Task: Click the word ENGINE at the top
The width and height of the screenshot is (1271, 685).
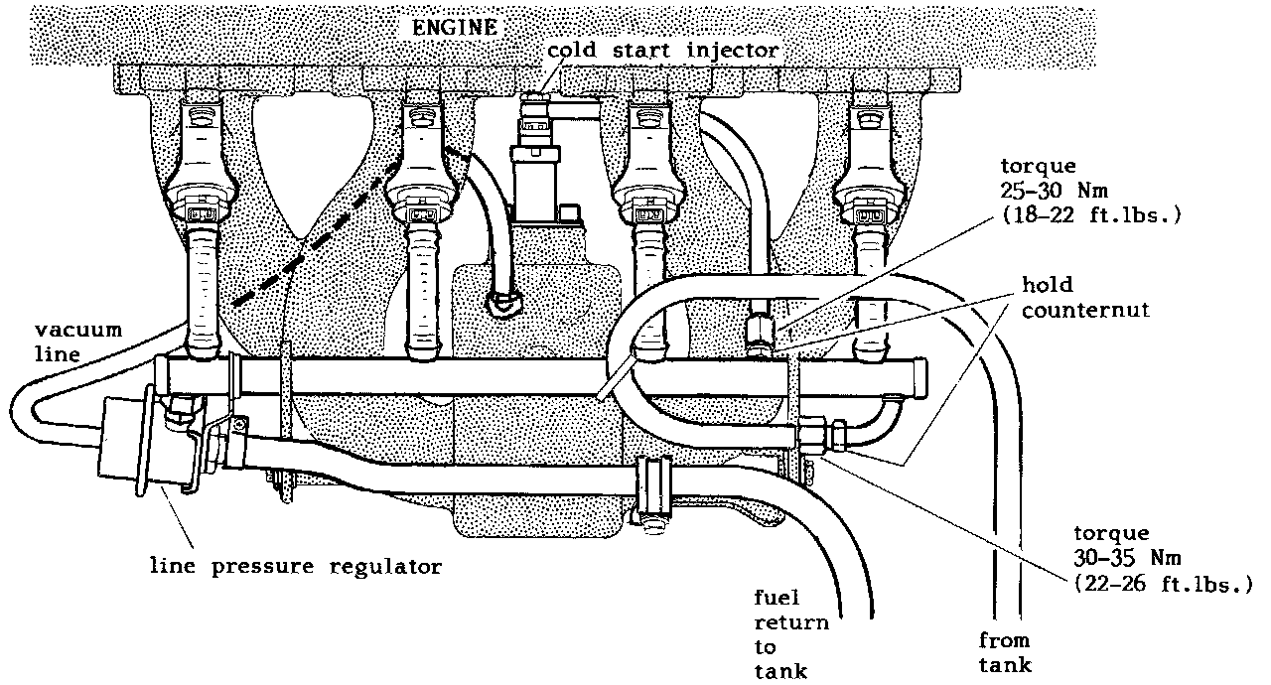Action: tap(455, 27)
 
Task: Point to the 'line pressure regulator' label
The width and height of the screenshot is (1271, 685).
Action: tap(295, 567)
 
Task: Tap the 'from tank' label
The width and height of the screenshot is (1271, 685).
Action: tap(1004, 652)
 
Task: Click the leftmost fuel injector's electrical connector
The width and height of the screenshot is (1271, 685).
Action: tap(201, 210)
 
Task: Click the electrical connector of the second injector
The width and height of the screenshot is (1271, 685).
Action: tap(418, 210)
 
